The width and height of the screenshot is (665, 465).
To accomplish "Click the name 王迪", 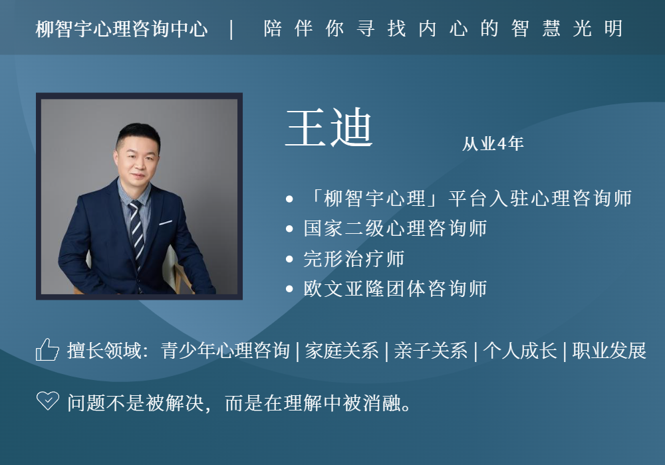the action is (329, 128).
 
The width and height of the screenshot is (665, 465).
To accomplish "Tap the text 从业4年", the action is (493, 144).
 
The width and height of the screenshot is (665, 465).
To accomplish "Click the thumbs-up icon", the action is (47, 350).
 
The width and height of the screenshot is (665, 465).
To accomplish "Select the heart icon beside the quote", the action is (47, 401).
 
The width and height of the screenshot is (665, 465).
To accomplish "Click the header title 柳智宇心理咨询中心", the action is (122, 29).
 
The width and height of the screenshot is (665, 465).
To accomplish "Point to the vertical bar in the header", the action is (231, 29).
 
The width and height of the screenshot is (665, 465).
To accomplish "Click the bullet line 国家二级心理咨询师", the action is (395, 229).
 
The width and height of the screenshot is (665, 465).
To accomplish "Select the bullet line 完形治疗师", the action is (354, 259).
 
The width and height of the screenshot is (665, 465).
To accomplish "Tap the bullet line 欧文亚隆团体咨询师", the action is (395, 289).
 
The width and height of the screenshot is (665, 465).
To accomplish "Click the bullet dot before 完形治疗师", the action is (290, 259).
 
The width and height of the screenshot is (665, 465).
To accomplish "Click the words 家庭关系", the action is (341, 351).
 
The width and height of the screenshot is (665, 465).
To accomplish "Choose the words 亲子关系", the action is (430, 351).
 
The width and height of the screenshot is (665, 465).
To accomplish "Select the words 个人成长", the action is (520, 351).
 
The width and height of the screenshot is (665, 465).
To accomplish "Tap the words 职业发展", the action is (609, 351).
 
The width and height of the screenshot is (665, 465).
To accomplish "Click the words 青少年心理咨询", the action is (225, 351).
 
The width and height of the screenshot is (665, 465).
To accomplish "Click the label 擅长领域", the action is (104, 351).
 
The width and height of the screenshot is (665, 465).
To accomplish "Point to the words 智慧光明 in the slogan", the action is (567, 29).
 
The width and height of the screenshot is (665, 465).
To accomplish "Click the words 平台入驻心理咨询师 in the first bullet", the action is (540, 198).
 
